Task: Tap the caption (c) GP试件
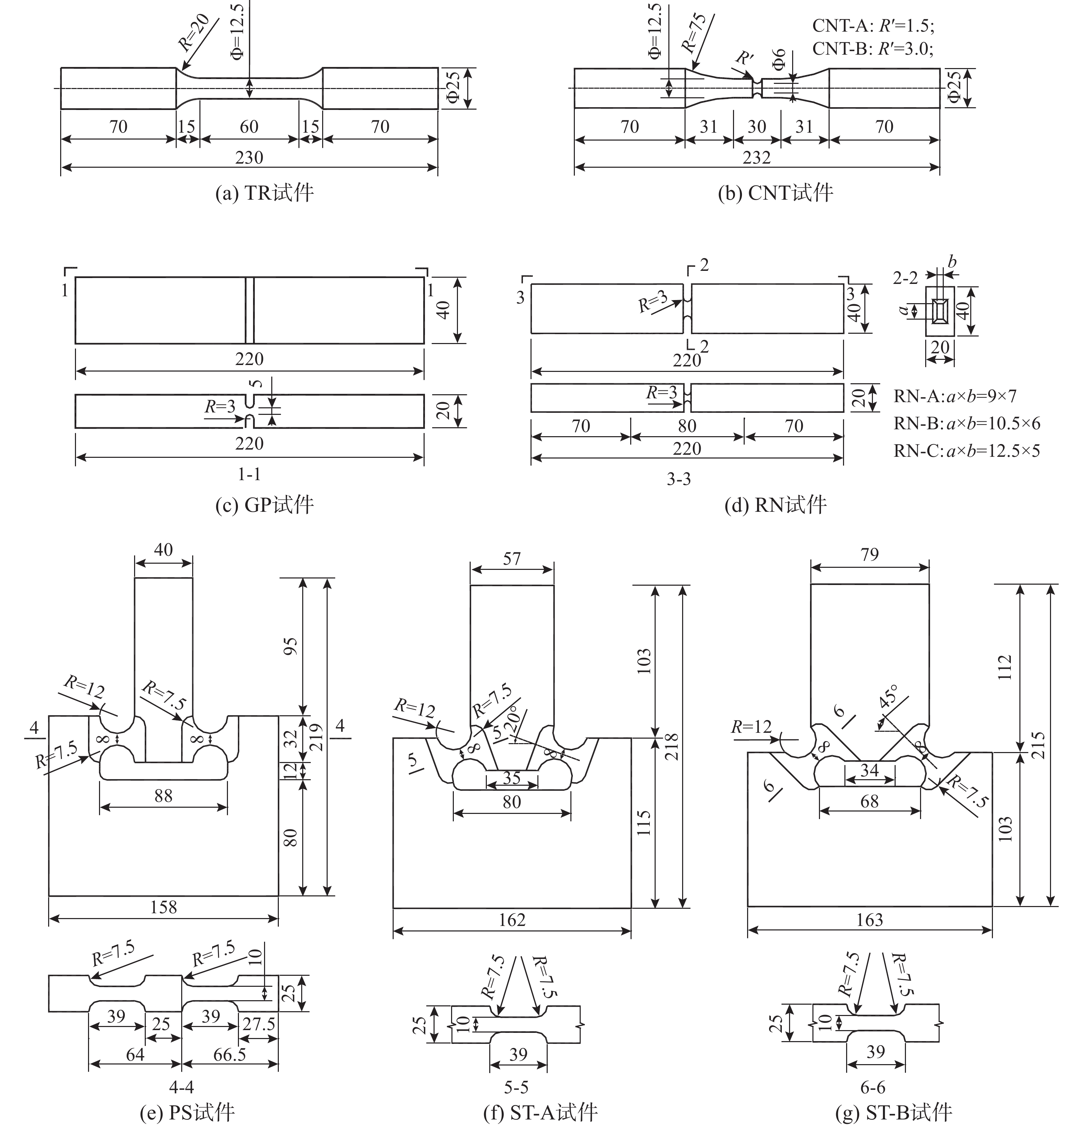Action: click(x=264, y=505)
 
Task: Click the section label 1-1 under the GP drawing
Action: click(x=249, y=474)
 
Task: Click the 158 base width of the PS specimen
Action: click(x=163, y=907)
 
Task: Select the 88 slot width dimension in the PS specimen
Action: click(x=163, y=796)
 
